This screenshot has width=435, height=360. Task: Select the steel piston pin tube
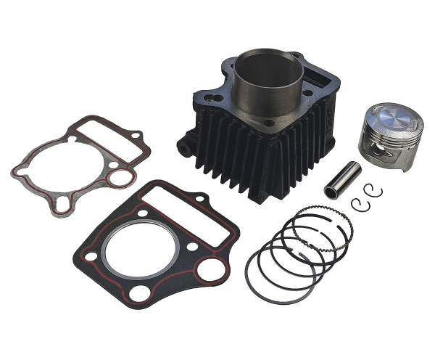pos(343,179)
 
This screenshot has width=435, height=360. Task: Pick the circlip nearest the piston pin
pos(360,203)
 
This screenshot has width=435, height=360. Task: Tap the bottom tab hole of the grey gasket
pos(62,207)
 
